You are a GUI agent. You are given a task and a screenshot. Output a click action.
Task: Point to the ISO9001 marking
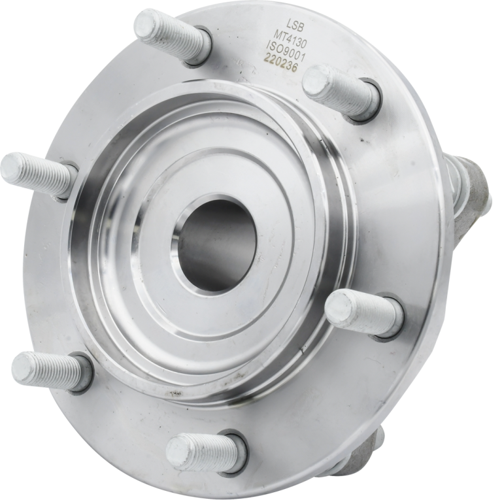pos(286,50)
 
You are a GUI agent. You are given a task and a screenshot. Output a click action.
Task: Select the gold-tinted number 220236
pos(280,63)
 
